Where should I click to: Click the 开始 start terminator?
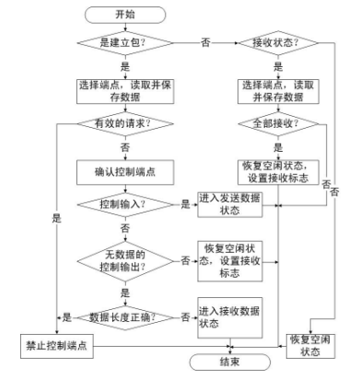[x=124, y=14]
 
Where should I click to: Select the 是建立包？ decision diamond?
[x=124, y=43]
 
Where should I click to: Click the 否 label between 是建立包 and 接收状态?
[x=203, y=42]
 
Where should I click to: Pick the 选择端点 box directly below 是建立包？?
[x=124, y=90]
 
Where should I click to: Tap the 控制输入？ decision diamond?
[x=124, y=203]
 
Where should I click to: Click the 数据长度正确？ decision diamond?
[x=124, y=316]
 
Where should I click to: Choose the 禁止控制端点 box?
[x=57, y=345]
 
